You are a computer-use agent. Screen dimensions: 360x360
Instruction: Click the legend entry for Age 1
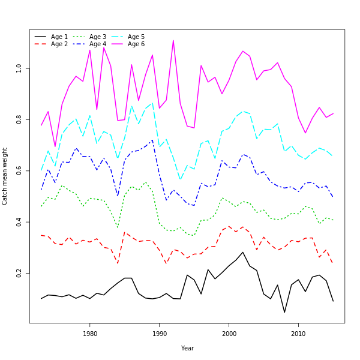[x=59, y=37]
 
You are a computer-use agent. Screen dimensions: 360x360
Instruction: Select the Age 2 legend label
[x=59, y=44]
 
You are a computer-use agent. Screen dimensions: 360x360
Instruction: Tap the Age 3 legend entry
[x=98, y=37]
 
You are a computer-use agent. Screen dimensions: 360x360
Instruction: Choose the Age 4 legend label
[x=98, y=44]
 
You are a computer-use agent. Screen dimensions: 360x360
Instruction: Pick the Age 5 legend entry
[x=136, y=37]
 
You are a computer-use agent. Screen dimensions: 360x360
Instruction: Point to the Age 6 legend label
[x=136, y=44]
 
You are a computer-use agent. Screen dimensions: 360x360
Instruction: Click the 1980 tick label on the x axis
[x=90, y=334]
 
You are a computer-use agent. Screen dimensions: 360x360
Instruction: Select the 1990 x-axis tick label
[x=160, y=334]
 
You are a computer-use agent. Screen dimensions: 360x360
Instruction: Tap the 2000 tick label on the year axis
[x=229, y=334]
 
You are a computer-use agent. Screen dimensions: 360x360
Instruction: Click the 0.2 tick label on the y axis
[x=19, y=273]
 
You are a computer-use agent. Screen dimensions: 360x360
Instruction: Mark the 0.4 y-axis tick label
[x=19, y=222]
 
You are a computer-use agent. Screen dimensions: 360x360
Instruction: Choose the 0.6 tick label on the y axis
[x=19, y=171]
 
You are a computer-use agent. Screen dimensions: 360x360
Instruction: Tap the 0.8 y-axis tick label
[x=19, y=120]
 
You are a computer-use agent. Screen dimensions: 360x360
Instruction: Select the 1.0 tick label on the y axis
[x=19, y=69]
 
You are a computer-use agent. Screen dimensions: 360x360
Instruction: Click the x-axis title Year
[x=187, y=348]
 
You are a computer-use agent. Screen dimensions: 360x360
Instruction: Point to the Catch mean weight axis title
[x=5, y=176]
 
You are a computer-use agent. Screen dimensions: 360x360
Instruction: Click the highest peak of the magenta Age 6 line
[x=173, y=40]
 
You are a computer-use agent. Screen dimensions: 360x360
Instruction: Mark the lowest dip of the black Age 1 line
[x=284, y=312]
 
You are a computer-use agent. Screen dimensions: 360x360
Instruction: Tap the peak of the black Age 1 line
[x=243, y=252]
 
